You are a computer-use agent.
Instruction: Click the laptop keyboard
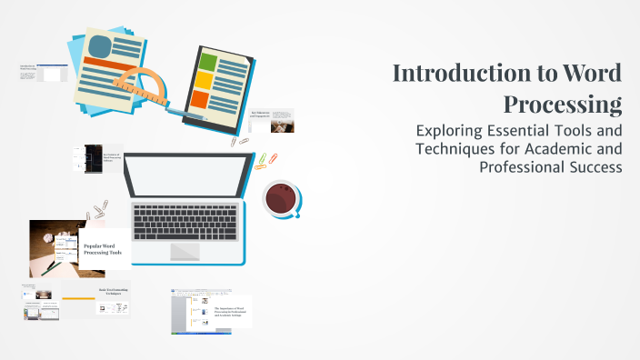pyautogui.click(x=185, y=218)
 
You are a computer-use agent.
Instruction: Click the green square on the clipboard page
pyautogui.click(x=209, y=63)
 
